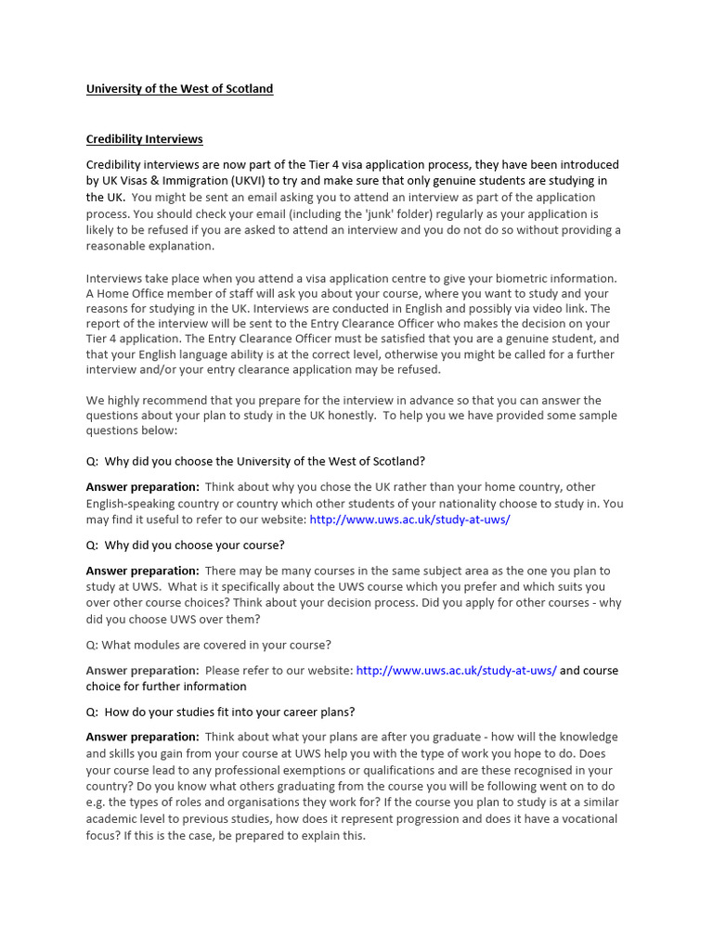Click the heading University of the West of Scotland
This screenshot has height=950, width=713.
point(179,89)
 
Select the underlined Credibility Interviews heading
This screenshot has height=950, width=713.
point(144,139)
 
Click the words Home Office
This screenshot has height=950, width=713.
point(135,294)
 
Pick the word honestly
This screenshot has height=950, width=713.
point(344,416)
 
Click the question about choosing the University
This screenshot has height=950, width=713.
point(255,461)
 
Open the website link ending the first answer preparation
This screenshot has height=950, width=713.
point(409,520)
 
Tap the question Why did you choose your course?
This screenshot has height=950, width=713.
point(186,545)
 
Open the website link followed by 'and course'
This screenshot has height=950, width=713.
point(456,670)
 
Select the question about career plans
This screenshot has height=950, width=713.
point(220,712)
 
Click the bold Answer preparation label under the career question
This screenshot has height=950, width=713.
point(142,737)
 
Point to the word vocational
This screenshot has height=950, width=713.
point(574,819)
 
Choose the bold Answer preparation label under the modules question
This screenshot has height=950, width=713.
point(142,670)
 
